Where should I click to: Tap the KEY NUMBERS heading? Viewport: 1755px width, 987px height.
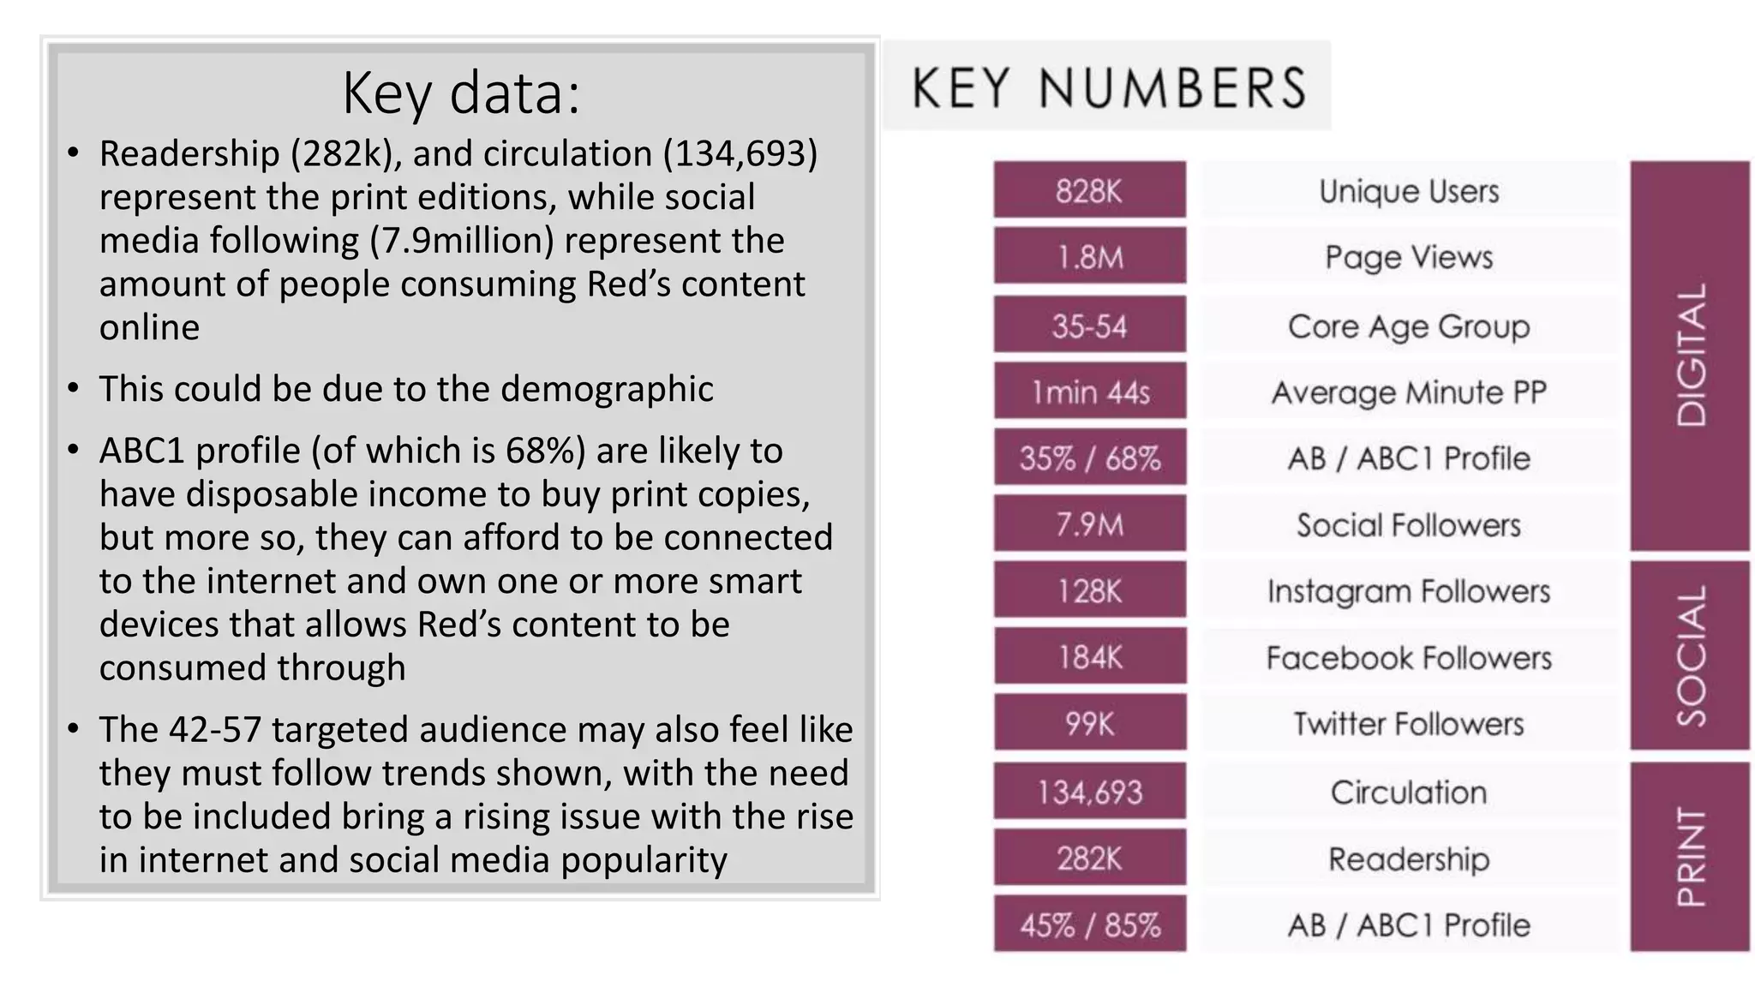1108,87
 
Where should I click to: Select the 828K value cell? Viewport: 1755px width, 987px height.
1089,190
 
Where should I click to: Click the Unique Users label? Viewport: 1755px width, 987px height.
1409,191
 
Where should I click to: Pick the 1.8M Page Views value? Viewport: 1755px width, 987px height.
1089,257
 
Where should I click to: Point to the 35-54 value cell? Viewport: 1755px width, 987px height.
1089,326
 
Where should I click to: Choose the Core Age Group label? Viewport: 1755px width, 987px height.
1409,326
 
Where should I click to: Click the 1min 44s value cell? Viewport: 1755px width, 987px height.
1089,392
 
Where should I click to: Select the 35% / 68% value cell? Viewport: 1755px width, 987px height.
1089,458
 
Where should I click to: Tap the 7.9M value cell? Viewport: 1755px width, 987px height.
1089,524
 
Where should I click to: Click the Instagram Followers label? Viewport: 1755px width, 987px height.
1409,591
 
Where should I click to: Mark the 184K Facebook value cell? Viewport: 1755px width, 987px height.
1089,657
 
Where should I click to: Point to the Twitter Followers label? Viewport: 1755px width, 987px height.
1409,724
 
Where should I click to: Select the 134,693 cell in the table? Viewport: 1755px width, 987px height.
1089,792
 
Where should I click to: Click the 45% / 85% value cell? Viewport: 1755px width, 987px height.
1089,925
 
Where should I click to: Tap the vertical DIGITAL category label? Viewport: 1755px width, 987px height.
1691,355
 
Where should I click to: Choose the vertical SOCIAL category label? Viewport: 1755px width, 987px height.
1691,656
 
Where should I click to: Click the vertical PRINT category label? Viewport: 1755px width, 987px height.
1691,857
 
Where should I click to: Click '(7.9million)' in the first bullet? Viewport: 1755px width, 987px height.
462,241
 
